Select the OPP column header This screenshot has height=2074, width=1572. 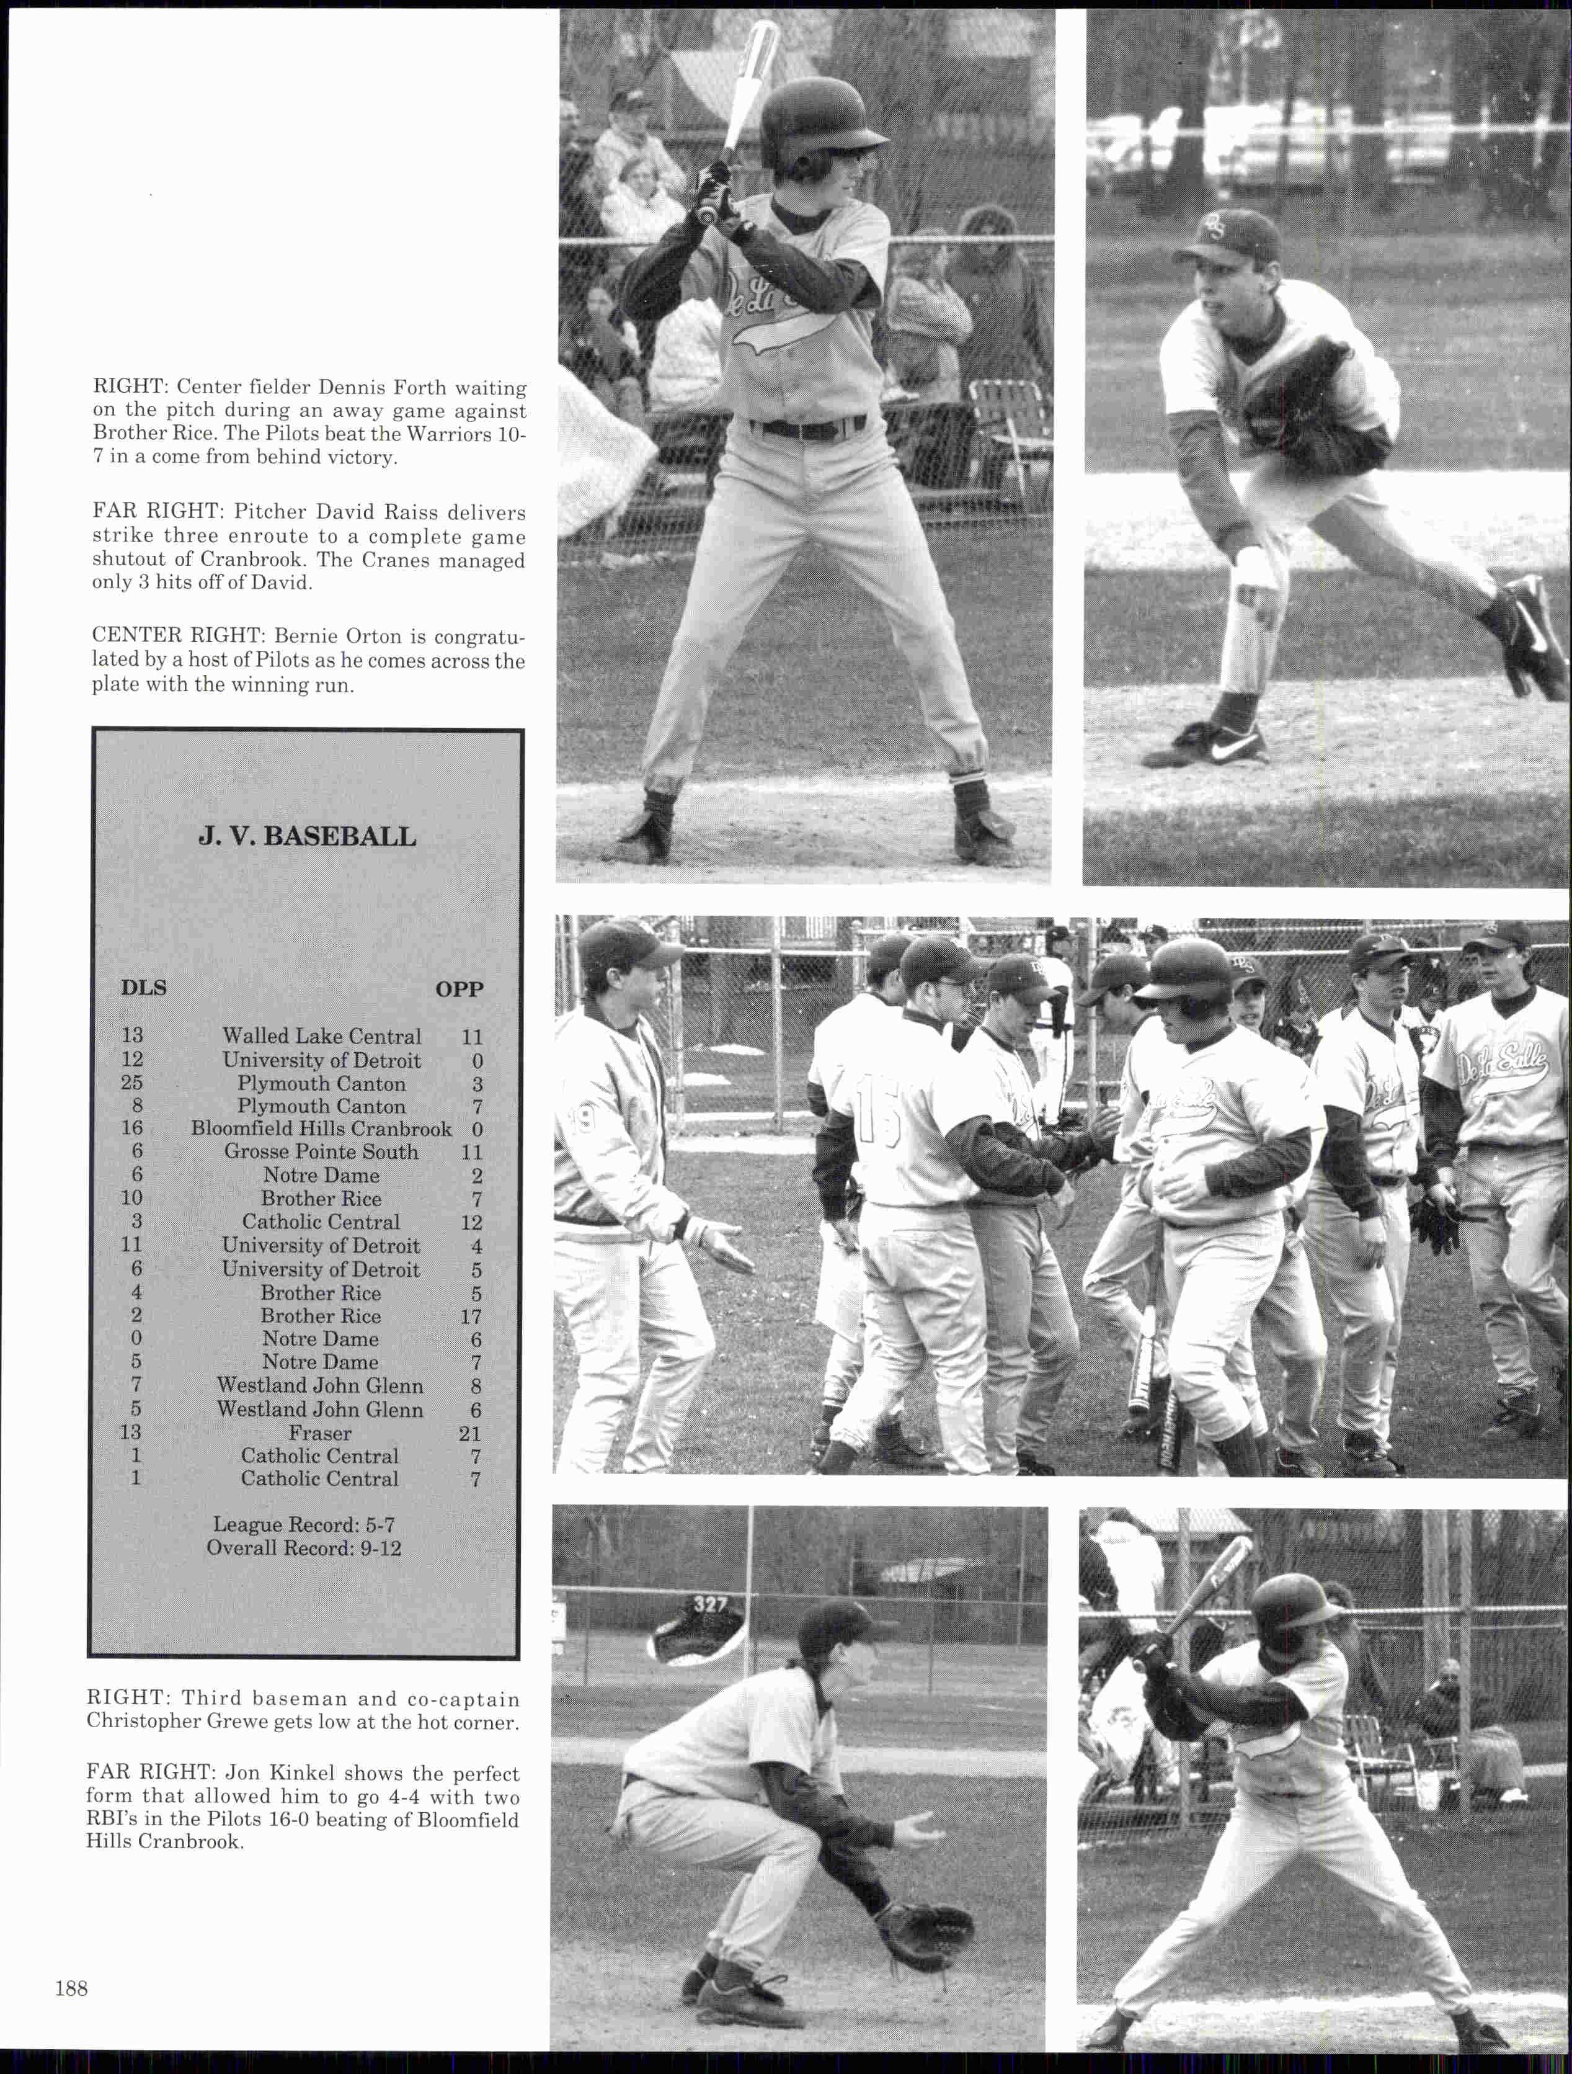coord(460,989)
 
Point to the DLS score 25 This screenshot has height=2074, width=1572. coord(131,1083)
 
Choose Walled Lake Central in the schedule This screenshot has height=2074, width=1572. coord(321,1036)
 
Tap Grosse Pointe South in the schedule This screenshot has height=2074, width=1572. coord(321,1151)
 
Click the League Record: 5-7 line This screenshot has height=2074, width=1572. coord(304,1524)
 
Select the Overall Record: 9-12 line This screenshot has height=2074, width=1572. coord(304,1548)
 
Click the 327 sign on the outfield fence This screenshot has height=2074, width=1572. coord(709,1604)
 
